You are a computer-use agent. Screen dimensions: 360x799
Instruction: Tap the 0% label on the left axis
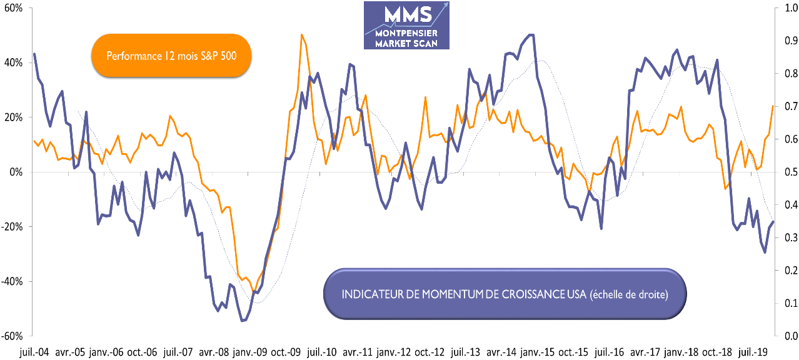coord(16,172)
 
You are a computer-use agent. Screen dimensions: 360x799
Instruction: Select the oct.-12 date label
coord(430,352)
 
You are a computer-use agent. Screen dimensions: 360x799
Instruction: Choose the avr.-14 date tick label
coord(501,352)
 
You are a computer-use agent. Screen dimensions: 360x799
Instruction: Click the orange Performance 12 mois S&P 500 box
coord(171,56)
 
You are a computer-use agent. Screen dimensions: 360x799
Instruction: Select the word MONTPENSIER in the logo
coord(407,32)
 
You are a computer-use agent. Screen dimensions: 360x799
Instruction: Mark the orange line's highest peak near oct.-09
coord(302,34)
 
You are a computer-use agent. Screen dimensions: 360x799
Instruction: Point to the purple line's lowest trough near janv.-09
coord(243,321)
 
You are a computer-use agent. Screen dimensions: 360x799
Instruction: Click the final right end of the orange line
coord(773,106)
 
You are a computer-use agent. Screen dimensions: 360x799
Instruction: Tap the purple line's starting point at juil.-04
coord(34,54)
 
